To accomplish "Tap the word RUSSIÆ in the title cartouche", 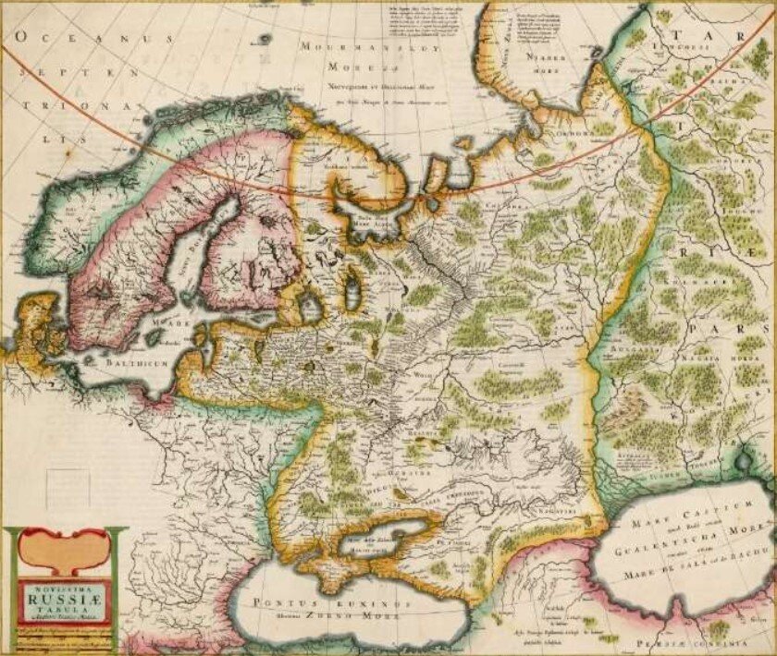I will [x=66, y=597].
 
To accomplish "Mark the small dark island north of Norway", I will [x=267, y=40].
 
